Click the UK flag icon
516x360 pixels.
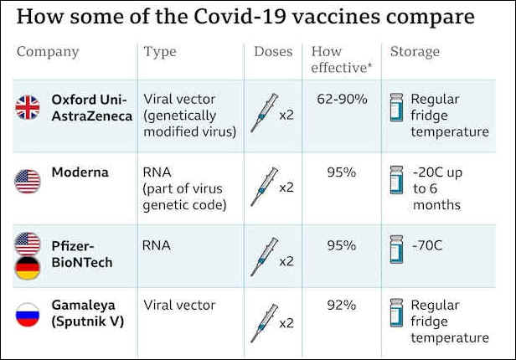point(28,107)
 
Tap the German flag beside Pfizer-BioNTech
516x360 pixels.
point(28,268)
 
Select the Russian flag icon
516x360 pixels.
point(28,315)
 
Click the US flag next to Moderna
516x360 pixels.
point(28,181)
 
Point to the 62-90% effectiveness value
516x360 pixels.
point(342,99)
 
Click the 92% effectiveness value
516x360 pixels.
point(342,305)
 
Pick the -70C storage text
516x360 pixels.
point(427,245)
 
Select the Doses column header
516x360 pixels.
point(273,52)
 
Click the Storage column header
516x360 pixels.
point(415,52)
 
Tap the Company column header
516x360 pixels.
point(48,52)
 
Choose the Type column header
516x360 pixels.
point(160,52)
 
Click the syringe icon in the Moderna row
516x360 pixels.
point(264,187)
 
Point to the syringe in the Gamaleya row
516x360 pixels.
point(264,323)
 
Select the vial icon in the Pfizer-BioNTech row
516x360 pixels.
point(396,249)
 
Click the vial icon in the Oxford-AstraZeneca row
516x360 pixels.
point(396,107)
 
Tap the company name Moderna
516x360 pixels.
point(80,172)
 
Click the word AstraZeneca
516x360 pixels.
point(92,116)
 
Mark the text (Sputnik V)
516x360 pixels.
point(88,321)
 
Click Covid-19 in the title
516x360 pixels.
point(240,17)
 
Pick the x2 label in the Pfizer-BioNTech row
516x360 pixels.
point(286,261)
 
